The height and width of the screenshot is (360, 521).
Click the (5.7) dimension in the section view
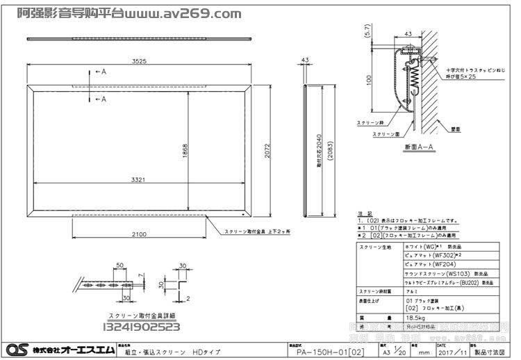click(x=367, y=31)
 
